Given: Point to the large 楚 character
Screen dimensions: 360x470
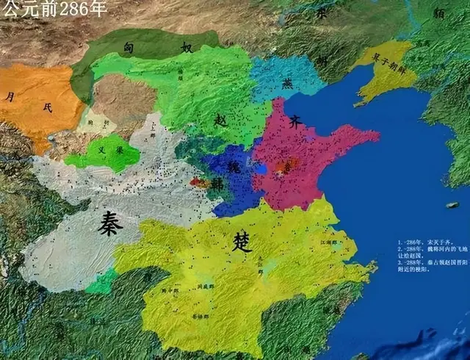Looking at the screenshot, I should (x=242, y=242).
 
